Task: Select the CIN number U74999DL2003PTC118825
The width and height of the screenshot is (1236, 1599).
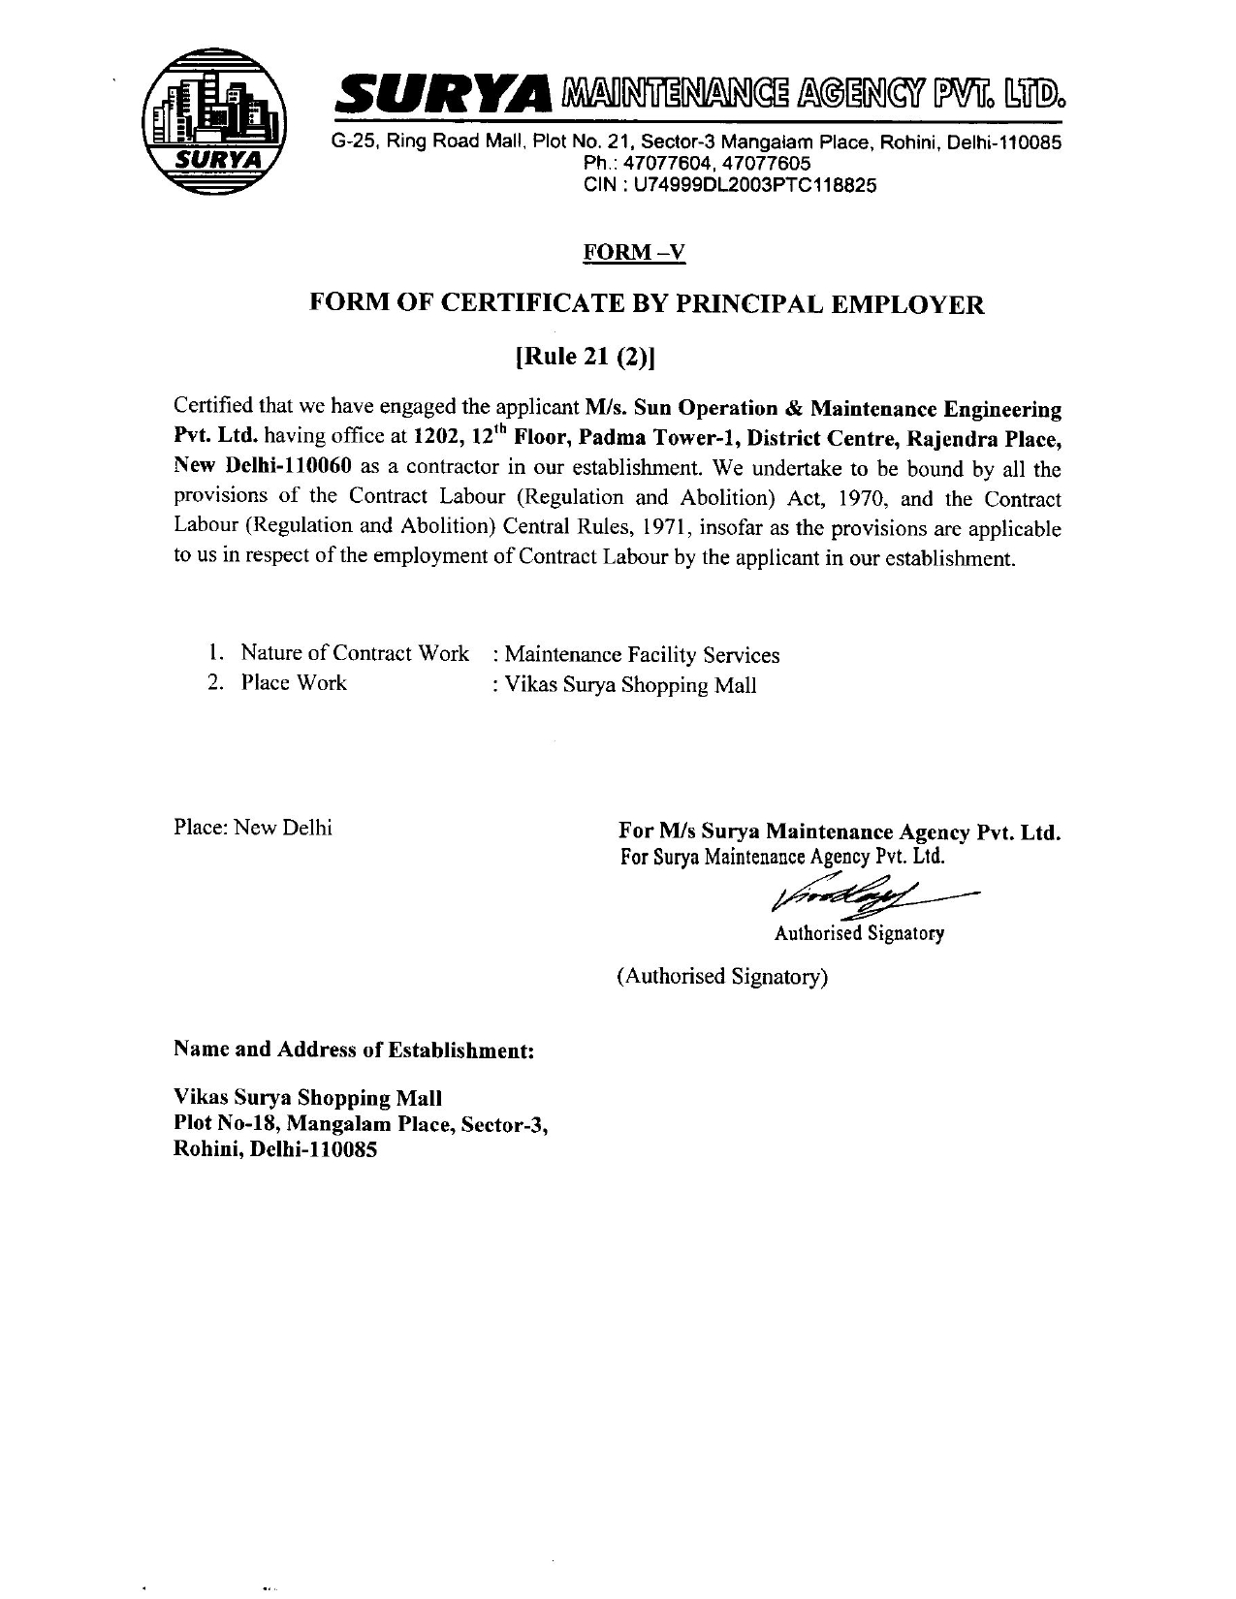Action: [x=755, y=185]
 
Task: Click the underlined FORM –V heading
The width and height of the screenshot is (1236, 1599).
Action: [x=633, y=253]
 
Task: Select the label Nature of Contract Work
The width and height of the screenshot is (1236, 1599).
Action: [x=355, y=653]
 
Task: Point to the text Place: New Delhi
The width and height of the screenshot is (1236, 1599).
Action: [x=253, y=828]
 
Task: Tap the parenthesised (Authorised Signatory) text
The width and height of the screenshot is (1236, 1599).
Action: [x=722, y=976]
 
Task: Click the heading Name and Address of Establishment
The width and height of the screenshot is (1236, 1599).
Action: [x=354, y=1050]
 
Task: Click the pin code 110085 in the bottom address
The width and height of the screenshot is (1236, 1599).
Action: [x=340, y=1150]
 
